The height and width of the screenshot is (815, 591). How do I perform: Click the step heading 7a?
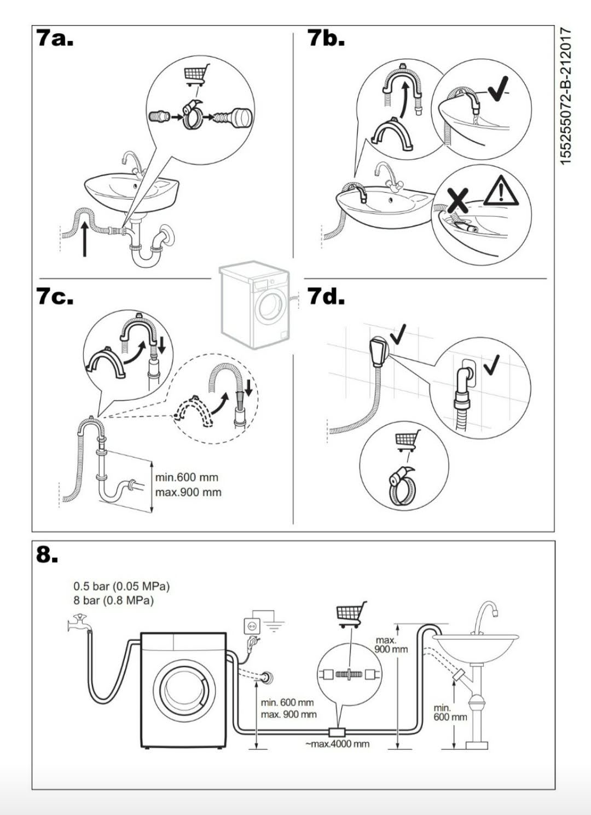point(55,39)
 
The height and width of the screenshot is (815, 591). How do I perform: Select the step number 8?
point(47,554)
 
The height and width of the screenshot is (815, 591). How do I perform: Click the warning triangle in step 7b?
point(501,190)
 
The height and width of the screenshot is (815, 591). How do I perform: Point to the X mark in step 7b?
point(457,200)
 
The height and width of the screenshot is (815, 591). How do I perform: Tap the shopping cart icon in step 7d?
point(407,441)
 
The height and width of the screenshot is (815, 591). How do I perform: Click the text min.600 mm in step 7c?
point(187,477)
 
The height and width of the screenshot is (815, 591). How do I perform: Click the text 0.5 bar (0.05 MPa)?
point(121,586)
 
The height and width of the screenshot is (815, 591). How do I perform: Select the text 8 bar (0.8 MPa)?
point(113,600)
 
